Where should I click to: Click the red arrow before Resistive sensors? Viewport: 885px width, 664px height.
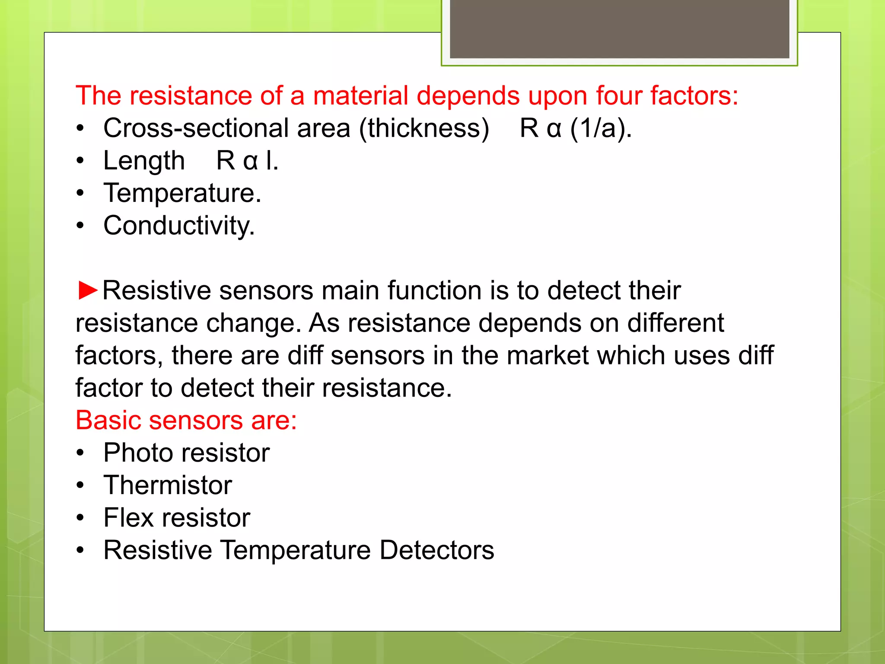[x=89, y=290]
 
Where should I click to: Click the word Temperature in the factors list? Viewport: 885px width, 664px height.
[x=181, y=193]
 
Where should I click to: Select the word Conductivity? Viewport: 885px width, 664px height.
[x=178, y=226]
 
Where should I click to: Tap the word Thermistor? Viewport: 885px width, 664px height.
[x=168, y=485]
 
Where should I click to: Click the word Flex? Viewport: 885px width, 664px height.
[x=128, y=517]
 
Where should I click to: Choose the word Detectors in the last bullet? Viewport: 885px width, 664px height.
[x=437, y=550]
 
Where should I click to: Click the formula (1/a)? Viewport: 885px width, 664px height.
[x=600, y=128]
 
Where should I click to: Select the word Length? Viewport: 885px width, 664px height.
[x=144, y=161]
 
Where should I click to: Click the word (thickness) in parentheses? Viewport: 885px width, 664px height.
[x=424, y=128]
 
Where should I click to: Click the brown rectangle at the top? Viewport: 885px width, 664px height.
[x=619, y=29]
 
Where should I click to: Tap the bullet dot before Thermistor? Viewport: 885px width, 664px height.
[x=80, y=485]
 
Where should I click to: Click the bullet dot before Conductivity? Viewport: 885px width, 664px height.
[x=80, y=226]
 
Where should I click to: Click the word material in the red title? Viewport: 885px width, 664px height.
[x=360, y=96]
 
